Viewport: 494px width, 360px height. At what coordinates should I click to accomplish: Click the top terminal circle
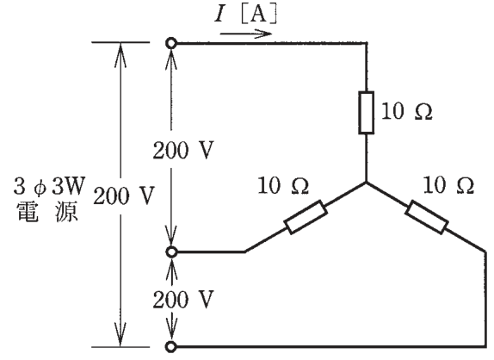pyautogui.click(x=171, y=43)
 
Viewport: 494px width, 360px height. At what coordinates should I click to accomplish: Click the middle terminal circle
pyautogui.click(x=171, y=251)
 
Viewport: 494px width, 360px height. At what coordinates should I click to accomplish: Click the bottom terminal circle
pyautogui.click(x=171, y=347)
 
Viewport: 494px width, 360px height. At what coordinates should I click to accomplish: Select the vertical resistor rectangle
pyautogui.click(x=367, y=113)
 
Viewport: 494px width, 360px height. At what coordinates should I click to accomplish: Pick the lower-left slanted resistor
pyautogui.click(x=306, y=217)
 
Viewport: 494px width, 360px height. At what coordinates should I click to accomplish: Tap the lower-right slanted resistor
pyautogui.click(x=427, y=217)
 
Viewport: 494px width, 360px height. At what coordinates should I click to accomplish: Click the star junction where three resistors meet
pyautogui.click(x=367, y=183)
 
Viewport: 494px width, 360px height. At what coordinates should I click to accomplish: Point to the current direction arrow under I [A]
pyautogui.click(x=246, y=34)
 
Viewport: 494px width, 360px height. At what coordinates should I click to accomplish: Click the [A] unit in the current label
pyautogui.click(x=259, y=15)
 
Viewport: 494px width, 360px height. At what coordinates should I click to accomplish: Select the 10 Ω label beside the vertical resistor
pyautogui.click(x=407, y=111)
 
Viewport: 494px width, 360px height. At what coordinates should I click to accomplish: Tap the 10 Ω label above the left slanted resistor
pyautogui.click(x=283, y=185)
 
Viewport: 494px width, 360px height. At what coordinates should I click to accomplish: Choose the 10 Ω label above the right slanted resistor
pyautogui.click(x=448, y=185)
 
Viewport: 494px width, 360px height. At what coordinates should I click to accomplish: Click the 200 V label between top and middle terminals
pyautogui.click(x=183, y=150)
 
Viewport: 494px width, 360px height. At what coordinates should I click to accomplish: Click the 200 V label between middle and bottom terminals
pyautogui.click(x=183, y=299)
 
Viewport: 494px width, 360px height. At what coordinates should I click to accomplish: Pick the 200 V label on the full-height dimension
pyautogui.click(x=123, y=196)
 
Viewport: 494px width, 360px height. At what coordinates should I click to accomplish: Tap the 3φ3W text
pyautogui.click(x=49, y=186)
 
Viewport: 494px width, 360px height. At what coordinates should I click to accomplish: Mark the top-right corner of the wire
pyautogui.click(x=367, y=43)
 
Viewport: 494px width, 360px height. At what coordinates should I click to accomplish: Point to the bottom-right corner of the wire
pyautogui.click(x=485, y=347)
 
